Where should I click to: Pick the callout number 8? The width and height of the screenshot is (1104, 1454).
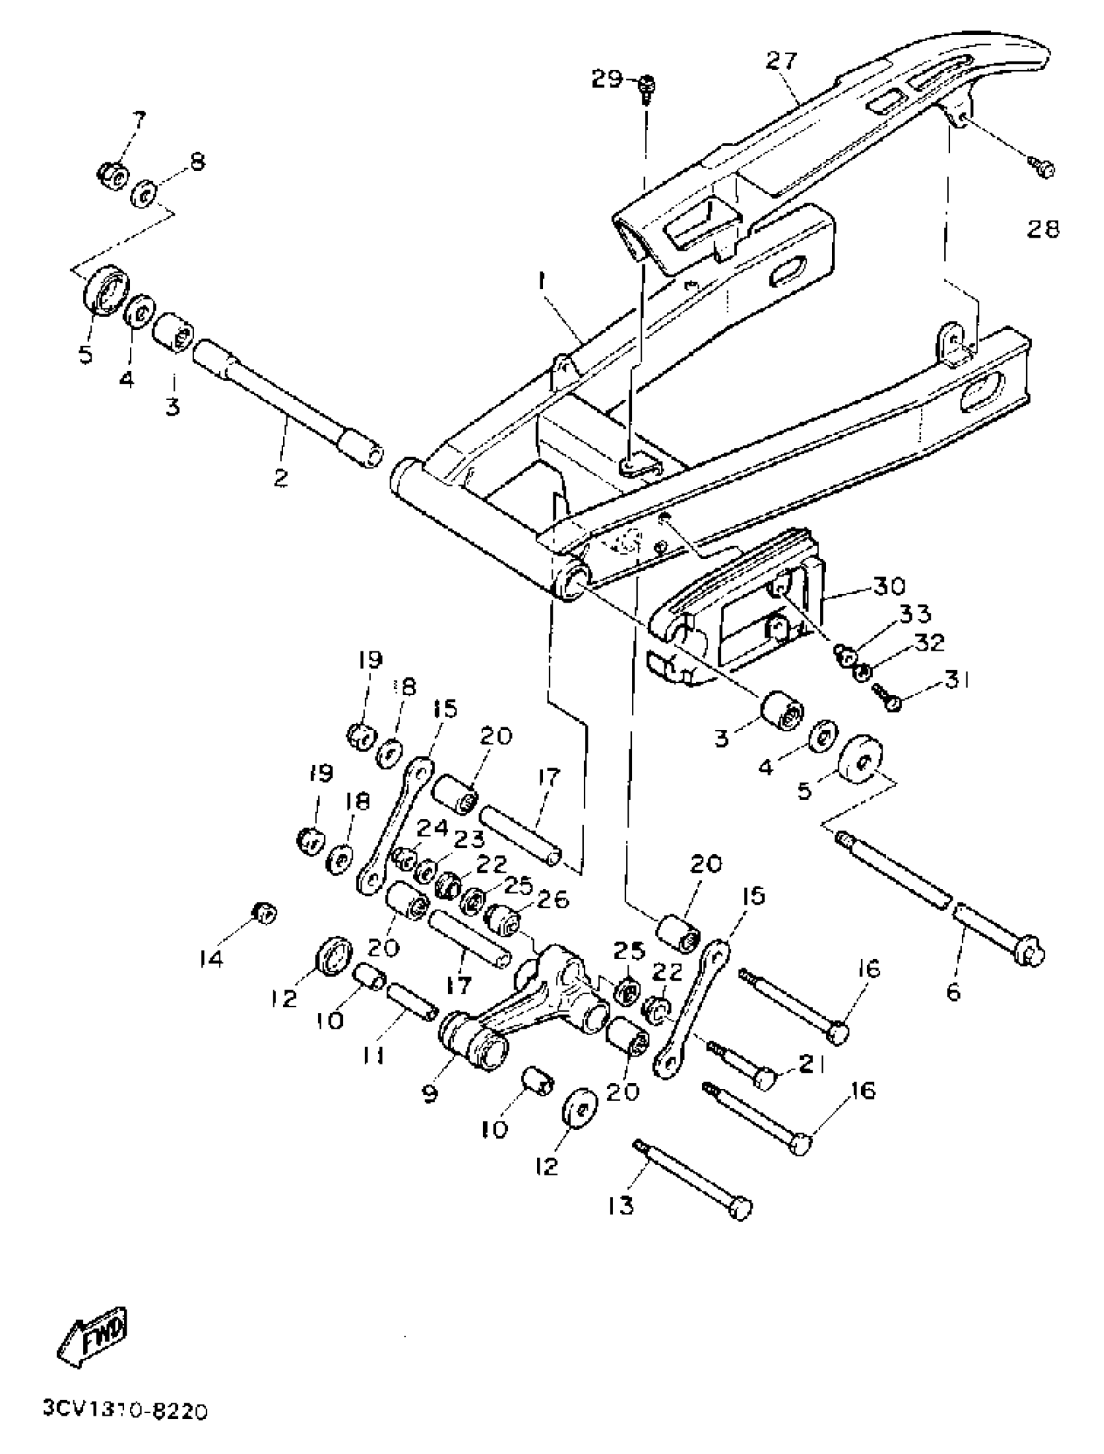197,161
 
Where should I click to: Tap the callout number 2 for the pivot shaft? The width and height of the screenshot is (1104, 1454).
281,477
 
